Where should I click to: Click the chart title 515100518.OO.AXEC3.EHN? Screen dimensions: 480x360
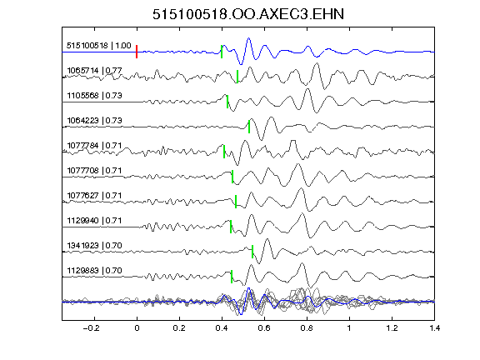pos(248,14)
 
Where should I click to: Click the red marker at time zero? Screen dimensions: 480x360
pos(137,52)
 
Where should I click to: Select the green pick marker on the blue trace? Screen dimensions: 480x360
pos(222,52)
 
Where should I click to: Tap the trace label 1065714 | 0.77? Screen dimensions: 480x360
pos(94,71)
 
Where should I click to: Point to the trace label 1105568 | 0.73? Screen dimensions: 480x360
pos(94,96)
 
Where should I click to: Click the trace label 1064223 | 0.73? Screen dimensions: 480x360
pos(94,121)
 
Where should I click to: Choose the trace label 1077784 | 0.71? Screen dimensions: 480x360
pos(94,146)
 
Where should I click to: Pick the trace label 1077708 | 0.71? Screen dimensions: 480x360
pos(94,171)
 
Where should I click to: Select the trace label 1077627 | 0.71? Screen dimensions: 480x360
pos(94,196)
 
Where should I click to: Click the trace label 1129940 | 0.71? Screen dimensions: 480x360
pos(94,221)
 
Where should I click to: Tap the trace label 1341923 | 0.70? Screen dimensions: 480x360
pos(94,246)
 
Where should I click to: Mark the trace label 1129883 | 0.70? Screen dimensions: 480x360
pos(94,271)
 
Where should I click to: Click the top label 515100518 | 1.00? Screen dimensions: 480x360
pos(99,46)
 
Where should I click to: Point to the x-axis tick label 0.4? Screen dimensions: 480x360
pos(222,328)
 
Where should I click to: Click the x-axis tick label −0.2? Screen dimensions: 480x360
pos(91,328)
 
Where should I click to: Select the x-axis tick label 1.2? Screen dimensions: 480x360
pos(392,328)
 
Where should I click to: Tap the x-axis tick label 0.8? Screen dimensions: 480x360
pos(307,328)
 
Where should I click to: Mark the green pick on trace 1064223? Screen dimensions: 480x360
pos(249,127)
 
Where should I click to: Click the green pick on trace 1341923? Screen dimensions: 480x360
pos(252,252)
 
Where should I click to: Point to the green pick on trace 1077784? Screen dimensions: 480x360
pos(224,152)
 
